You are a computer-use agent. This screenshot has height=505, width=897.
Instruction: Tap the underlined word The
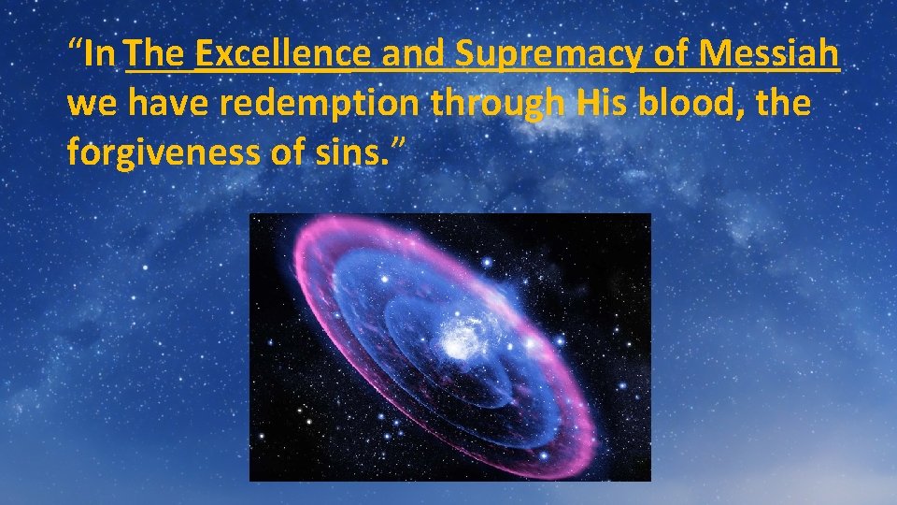(x=158, y=55)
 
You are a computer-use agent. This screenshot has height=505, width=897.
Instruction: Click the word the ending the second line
(x=784, y=103)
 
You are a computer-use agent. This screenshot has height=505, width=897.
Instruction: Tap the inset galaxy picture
(x=449, y=347)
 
